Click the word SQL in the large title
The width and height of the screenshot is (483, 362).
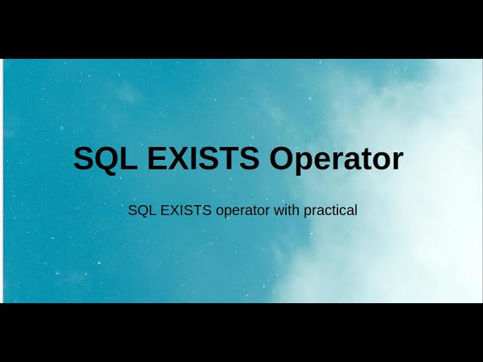100,159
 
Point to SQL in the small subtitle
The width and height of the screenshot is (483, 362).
139,210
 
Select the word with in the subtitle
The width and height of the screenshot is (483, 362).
287,210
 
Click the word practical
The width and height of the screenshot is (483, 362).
331,211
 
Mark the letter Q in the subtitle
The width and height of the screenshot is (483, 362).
140,210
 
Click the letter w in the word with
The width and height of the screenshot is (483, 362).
278,210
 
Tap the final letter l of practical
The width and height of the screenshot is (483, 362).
355,210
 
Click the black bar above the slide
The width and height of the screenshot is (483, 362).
241,29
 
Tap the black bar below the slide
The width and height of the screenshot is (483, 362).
241,333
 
